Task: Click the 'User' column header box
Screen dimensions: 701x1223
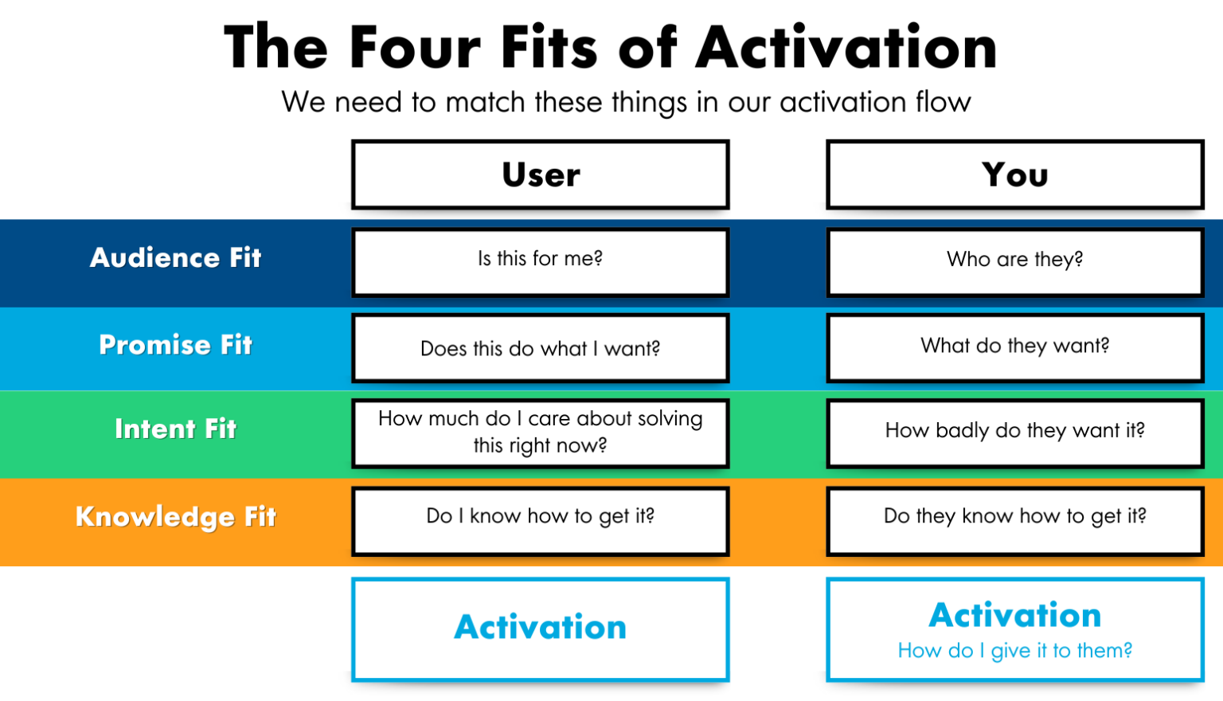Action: click(x=541, y=175)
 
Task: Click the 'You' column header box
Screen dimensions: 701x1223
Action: click(x=1015, y=175)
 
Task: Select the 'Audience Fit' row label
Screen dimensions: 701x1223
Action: click(x=175, y=257)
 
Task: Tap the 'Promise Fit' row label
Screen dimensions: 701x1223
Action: click(x=175, y=345)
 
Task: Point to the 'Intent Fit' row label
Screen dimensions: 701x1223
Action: click(x=175, y=429)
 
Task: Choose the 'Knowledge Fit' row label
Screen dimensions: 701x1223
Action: click(x=175, y=517)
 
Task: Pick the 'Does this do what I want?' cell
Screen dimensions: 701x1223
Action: click(x=541, y=348)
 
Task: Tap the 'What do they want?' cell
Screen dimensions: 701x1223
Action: click(x=1015, y=346)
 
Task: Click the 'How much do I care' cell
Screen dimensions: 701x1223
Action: click(x=541, y=432)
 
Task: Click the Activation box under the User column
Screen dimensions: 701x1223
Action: click(x=541, y=628)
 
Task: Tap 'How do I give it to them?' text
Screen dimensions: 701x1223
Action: click(x=1015, y=651)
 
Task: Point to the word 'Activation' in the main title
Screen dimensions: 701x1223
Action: click(x=846, y=48)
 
